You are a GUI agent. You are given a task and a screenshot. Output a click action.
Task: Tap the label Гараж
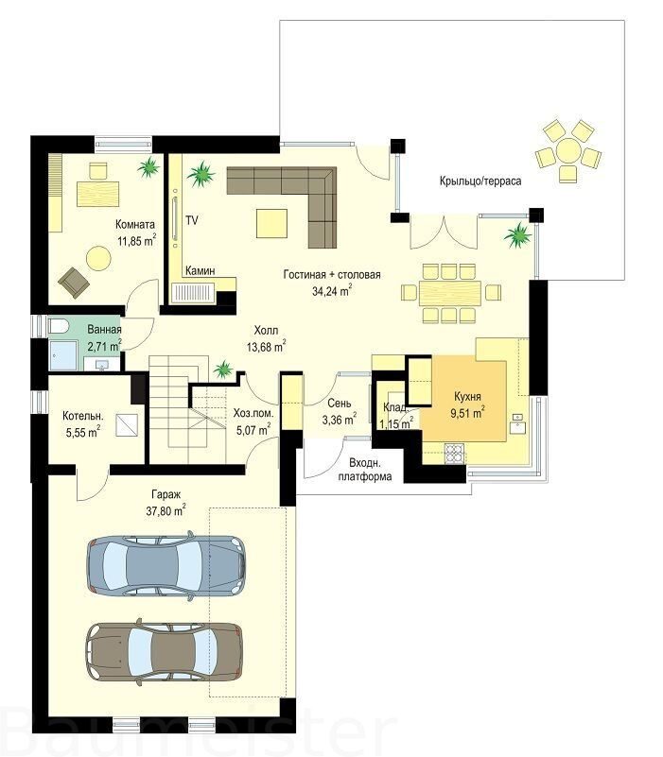[x=166, y=494]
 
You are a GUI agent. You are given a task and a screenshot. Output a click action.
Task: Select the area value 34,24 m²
[x=331, y=291]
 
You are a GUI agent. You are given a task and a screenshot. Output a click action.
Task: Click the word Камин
[x=201, y=271]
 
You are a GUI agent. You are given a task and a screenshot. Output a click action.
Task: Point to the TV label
[x=192, y=220]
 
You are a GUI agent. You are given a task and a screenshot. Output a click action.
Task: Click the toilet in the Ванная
[x=59, y=326]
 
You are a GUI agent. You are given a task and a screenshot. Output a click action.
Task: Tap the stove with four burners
[x=454, y=454]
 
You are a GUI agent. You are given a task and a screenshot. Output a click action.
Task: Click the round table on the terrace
[x=568, y=150]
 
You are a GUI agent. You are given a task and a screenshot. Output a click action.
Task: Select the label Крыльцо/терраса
[x=480, y=181]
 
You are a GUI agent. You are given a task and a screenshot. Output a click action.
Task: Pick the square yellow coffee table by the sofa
[x=271, y=223]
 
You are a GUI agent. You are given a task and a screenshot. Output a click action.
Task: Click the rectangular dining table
[x=450, y=292]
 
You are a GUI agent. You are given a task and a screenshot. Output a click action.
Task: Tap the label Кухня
[x=467, y=396]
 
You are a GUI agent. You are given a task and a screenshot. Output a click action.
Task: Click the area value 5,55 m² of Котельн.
[x=83, y=432]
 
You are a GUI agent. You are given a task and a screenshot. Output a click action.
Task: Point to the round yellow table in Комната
[x=98, y=258]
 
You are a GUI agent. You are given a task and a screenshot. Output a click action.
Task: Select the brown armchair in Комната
[x=74, y=282]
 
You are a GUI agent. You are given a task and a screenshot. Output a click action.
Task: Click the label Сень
[x=340, y=403]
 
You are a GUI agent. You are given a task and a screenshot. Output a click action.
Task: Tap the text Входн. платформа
[x=365, y=471]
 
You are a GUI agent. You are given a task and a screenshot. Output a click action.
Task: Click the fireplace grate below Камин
[x=193, y=293]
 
